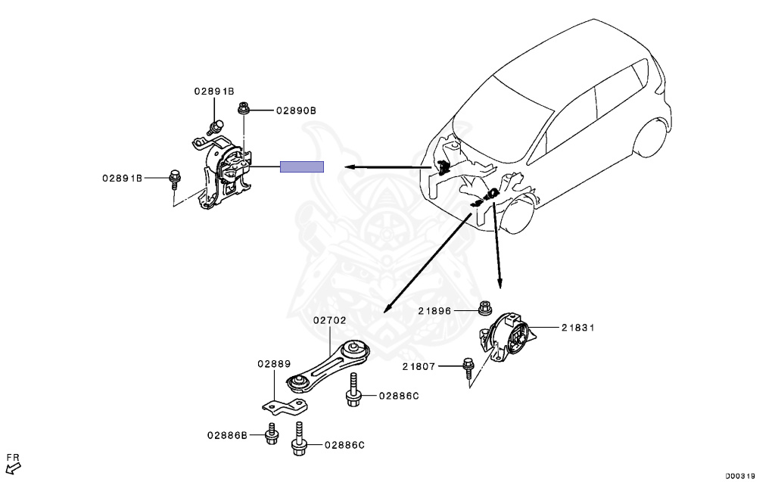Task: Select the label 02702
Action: tap(330, 320)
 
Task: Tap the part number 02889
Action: tap(273, 363)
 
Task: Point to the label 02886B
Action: tap(227, 435)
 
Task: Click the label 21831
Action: tap(578, 328)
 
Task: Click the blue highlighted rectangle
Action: tap(302, 167)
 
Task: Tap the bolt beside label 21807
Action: tap(466, 368)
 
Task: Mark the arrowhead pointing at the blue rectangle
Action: tap(344, 167)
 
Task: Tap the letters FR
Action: tap(13, 458)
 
